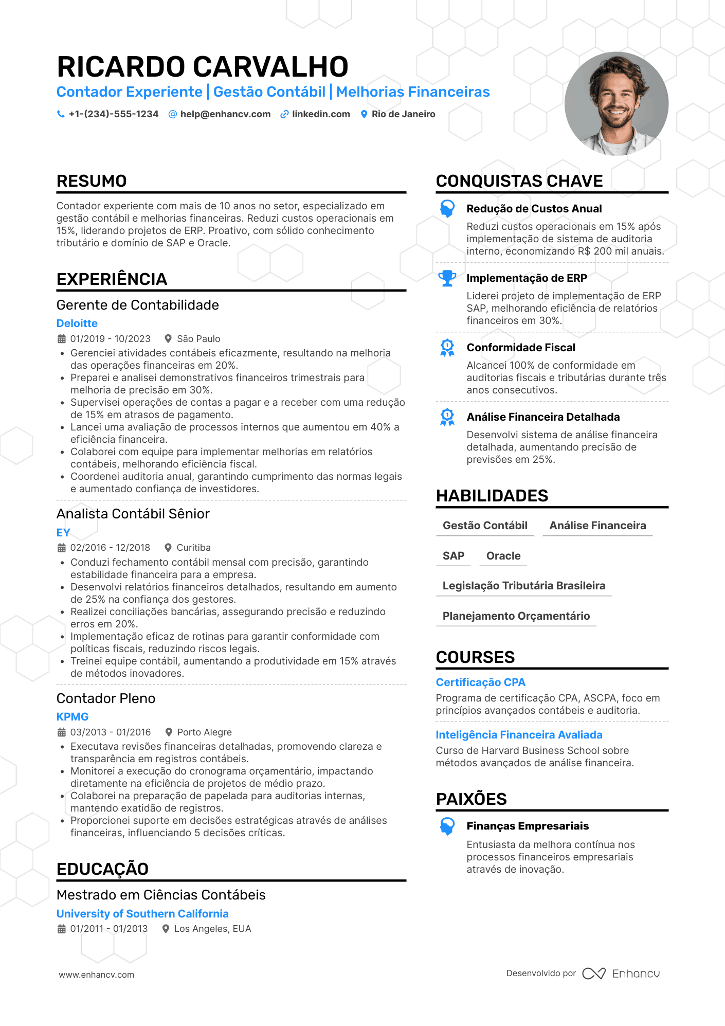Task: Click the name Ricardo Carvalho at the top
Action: click(203, 67)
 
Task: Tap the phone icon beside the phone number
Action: click(61, 114)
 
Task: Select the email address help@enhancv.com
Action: click(225, 114)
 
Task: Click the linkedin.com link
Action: click(321, 114)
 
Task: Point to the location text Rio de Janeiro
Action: click(403, 114)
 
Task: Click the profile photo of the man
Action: click(616, 103)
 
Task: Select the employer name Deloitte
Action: click(77, 323)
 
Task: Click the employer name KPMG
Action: click(72, 717)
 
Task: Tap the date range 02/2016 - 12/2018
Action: click(110, 548)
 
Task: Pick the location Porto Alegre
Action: click(204, 732)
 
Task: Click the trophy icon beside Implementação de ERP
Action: click(447, 278)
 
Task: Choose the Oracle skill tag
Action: click(503, 556)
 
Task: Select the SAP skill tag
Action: click(454, 556)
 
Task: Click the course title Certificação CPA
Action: click(481, 682)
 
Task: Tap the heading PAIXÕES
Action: click(472, 799)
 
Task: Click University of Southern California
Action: click(142, 914)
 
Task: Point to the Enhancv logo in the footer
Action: click(621, 974)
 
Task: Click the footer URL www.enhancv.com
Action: click(97, 975)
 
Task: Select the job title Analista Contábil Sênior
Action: click(133, 514)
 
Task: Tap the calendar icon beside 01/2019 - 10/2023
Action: click(62, 339)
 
